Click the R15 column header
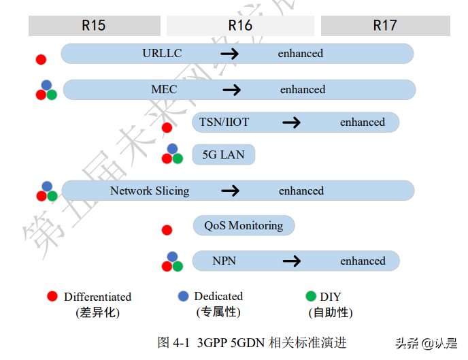pyautogui.click(x=94, y=26)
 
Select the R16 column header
pyautogui.click(x=240, y=26)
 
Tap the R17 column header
pyautogui.click(x=385, y=26)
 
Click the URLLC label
pyautogui.click(x=162, y=53)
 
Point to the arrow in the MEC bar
pyautogui.click(x=232, y=90)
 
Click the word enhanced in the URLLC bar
pyautogui.click(x=300, y=53)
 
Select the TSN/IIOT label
pyautogui.click(x=224, y=122)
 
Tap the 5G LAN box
pyautogui.click(x=223, y=155)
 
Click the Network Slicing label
pyautogui.click(x=150, y=191)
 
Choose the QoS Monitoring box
pyautogui.click(x=244, y=226)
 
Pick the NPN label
pyautogui.click(x=223, y=261)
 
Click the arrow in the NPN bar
pyautogui.click(x=292, y=261)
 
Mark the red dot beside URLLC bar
pyautogui.click(x=41, y=59)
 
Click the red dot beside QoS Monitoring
pyautogui.click(x=167, y=230)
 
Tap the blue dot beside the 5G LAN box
pyautogui.click(x=172, y=149)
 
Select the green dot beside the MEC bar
pyautogui.click(x=52, y=95)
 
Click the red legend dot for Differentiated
pyautogui.click(x=52, y=297)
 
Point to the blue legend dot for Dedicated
pyautogui.click(x=183, y=296)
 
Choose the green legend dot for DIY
pyautogui.click(x=311, y=296)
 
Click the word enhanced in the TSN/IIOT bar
pyautogui.click(x=362, y=122)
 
